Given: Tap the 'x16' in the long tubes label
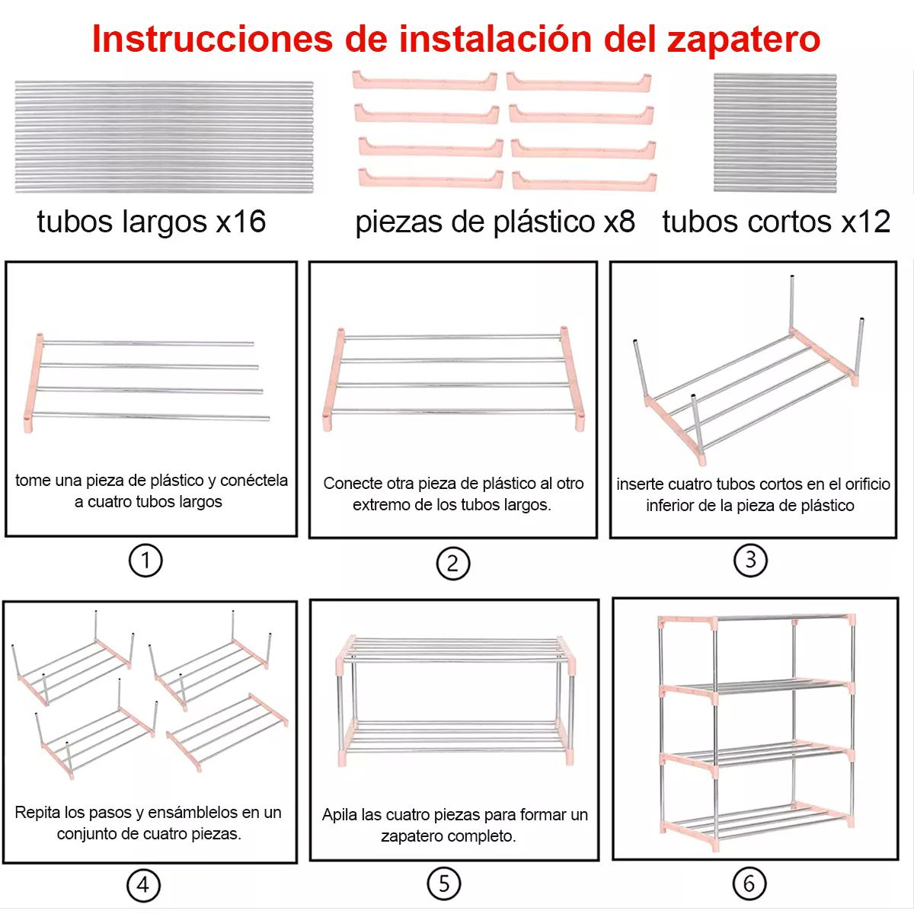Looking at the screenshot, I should (x=241, y=222).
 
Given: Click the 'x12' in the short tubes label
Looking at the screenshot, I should (x=865, y=222).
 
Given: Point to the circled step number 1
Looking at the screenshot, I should (x=145, y=561).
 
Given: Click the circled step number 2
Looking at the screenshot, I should (x=452, y=564).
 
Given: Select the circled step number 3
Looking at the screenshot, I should (x=750, y=560).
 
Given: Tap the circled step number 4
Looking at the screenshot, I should (x=142, y=885).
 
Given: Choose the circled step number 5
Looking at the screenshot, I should (x=444, y=884).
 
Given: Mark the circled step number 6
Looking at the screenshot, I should (x=749, y=884).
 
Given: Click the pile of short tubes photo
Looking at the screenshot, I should (x=775, y=133).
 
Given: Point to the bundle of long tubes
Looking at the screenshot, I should (x=164, y=137).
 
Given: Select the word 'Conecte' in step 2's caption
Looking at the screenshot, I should (x=349, y=484).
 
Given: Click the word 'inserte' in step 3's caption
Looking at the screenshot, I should (x=640, y=484).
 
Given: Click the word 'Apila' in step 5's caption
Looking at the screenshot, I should (x=340, y=815).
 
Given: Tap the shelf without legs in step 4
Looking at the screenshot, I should (x=227, y=731).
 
